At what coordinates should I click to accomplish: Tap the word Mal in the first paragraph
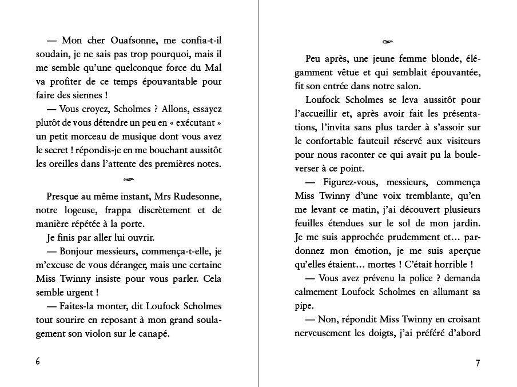(x=213, y=68)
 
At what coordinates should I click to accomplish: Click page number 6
(x=38, y=362)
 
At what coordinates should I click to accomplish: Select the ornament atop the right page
(x=388, y=42)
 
